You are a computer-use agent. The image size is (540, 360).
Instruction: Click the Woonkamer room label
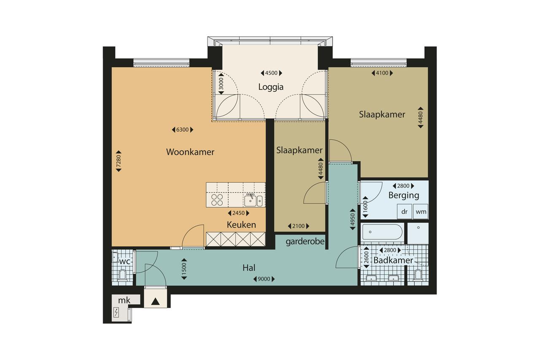pyautogui.click(x=190, y=152)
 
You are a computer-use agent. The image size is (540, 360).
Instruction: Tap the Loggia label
pyautogui.click(x=271, y=87)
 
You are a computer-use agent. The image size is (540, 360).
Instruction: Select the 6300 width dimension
pyautogui.click(x=183, y=130)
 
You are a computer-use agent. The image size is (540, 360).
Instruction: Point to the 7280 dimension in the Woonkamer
pyautogui.click(x=119, y=161)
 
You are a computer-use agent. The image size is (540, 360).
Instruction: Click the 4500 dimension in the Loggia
pyautogui.click(x=271, y=73)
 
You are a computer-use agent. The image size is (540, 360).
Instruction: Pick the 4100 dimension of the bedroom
pyautogui.click(x=382, y=73)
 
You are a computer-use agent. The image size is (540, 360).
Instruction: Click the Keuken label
pyautogui.click(x=241, y=225)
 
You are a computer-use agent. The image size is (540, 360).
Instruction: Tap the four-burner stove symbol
pyautogui.click(x=217, y=200)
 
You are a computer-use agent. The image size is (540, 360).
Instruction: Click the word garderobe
pyautogui.click(x=305, y=241)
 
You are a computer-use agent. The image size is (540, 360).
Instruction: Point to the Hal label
pyautogui.click(x=249, y=268)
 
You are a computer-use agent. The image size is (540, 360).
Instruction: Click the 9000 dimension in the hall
pyautogui.click(x=264, y=279)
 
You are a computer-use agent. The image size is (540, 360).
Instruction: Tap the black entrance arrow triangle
pyautogui.click(x=156, y=302)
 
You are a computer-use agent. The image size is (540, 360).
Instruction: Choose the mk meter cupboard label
pyautogui.click(x=124, y=300)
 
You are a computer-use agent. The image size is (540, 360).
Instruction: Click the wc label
pyautogui.click(x=124, y=261)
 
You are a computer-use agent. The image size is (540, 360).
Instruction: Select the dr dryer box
pyautogui.click(x=404, y=211)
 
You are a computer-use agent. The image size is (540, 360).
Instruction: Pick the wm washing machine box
pyautogui.click(x=421, y=211)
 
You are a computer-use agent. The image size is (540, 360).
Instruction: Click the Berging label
pyautogui.click(x=404, y=195)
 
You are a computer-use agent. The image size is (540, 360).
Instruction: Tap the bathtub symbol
pyautogui.click(x=382, y=232)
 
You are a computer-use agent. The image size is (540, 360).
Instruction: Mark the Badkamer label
pyautogui.click(x=393, y=260)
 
